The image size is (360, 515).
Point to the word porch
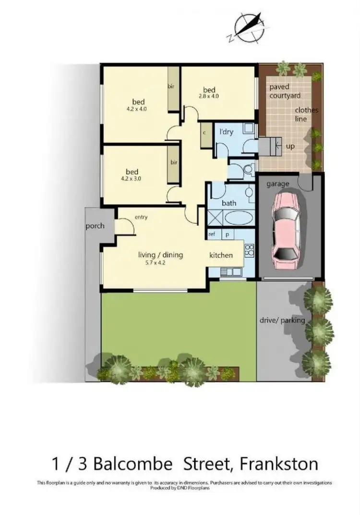click(x=95, y=226)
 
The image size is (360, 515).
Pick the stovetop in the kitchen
click(x=250, y=250)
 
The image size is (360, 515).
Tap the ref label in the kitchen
click(x=211, y=234)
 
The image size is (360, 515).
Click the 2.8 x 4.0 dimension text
click(x=209, y=96)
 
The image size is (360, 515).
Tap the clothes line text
click(x=307, y=114)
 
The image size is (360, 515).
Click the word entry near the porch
click(x=141, y=217)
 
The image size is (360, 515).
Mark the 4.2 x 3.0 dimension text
click(x=132, y=179)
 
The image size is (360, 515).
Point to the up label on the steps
click(x=290, y=147)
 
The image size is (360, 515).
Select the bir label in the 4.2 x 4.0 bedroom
click(x=170, y=86)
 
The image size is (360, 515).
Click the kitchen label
click(x=221, y=255)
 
